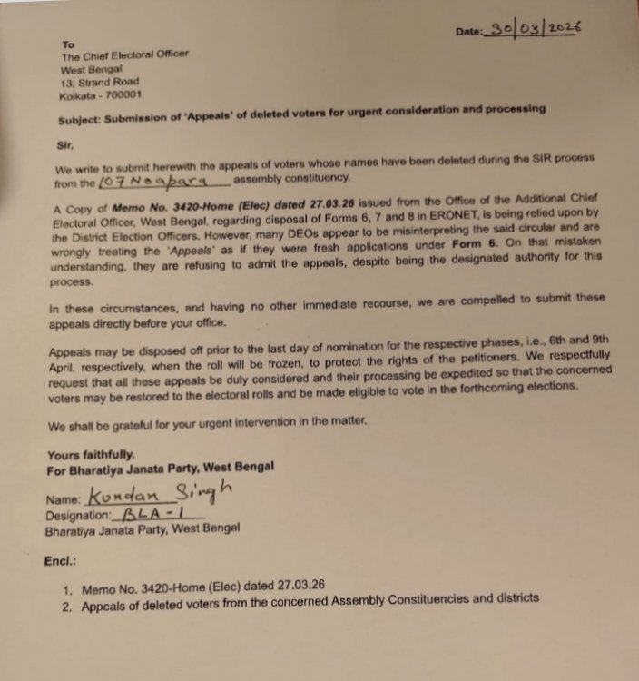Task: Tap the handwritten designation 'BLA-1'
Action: [x=155, y=513]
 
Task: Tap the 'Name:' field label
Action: [x=64, y=499]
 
